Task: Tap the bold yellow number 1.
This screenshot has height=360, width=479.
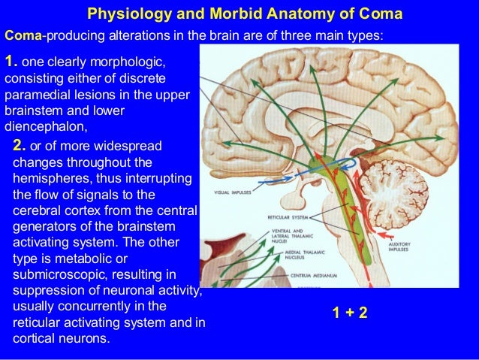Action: point(10,62)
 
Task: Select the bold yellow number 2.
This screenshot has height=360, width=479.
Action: point(20,144)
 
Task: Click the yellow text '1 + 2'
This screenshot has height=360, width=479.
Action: point(350,312)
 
